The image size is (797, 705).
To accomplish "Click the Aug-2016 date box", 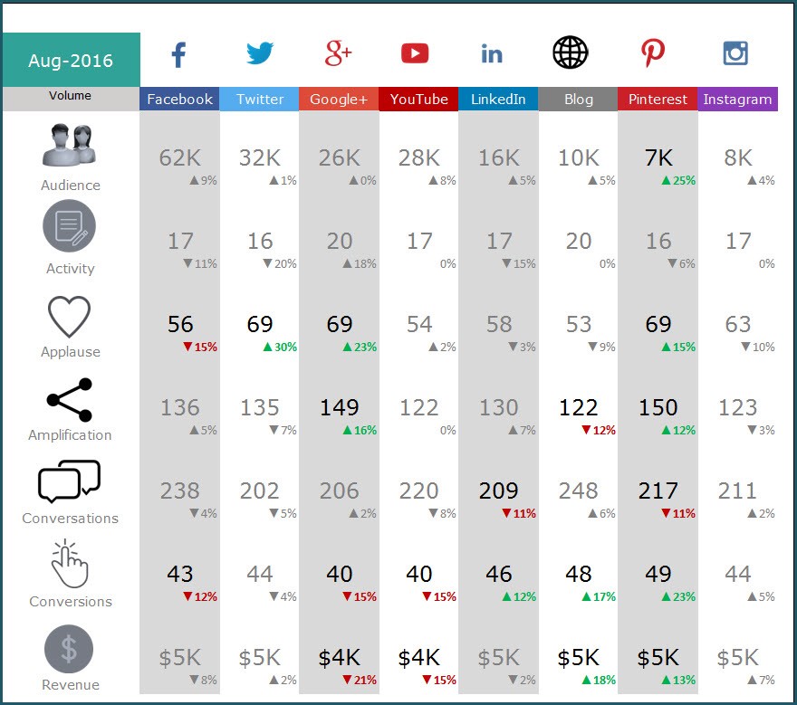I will point(71,61).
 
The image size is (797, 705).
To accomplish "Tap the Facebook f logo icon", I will point(178,54).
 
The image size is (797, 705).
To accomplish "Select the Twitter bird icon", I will point(260,53).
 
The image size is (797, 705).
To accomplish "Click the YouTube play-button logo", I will point(415,54).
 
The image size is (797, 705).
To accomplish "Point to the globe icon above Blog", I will point(570,53).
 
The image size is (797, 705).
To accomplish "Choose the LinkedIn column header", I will point(498,99).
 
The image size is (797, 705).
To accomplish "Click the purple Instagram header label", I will point(737,99).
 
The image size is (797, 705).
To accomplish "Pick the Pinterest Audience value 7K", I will point(658,157).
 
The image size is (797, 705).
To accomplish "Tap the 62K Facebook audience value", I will point(179,157).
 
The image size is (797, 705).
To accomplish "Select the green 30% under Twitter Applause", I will point(281,347).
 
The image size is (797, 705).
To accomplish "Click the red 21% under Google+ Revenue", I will point(360,680).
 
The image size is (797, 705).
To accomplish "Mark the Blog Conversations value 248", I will point(578,491).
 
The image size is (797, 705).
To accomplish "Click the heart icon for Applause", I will point(69,318).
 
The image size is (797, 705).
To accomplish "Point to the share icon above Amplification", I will point(69,400).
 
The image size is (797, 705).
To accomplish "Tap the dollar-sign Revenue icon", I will point(69,649).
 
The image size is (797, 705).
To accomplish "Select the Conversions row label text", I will point(71,602).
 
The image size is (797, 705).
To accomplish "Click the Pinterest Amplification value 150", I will point(658,407).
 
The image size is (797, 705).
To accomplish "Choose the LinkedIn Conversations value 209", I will point(498,491).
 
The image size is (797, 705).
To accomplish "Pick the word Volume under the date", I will point(71,95).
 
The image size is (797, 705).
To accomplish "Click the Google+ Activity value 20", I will point(340,241).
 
